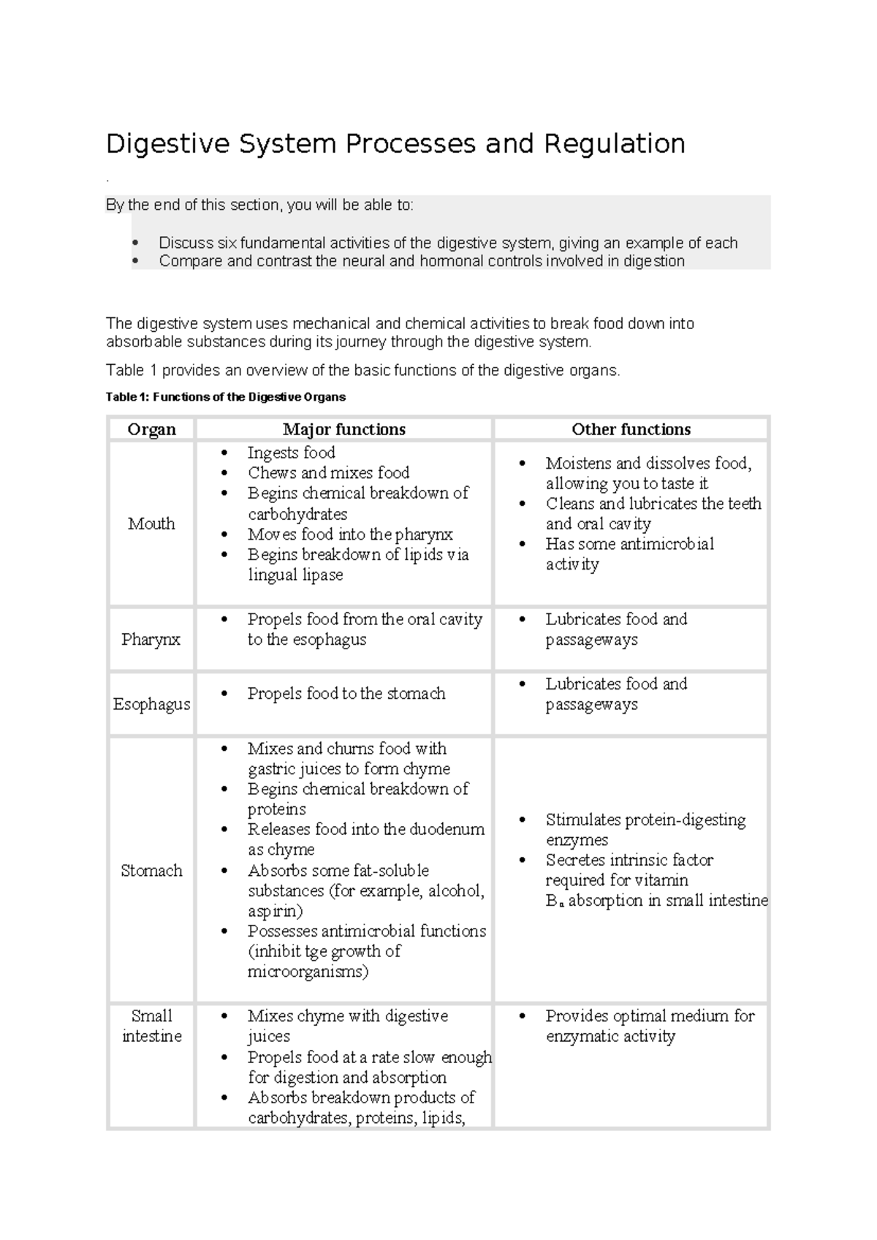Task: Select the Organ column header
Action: (x=151, y=429)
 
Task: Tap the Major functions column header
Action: (x=344, y=429)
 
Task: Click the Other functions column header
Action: (x=631, y=429)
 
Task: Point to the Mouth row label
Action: (x=151, y=523)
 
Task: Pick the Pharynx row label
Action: (x=151, y=639)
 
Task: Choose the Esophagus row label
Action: (x=151, y=704)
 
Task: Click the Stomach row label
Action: (x=151, y=870)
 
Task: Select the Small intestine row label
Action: (x=151, y=1026)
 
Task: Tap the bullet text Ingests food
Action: (x=291, y=453)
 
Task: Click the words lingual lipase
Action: (x=295, y=575)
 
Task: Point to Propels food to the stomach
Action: (x=346, y=693)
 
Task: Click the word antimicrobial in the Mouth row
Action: (x=667, y=544)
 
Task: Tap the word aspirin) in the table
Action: (x=275, y=911)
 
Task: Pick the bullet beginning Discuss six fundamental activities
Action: (x=447, y=243)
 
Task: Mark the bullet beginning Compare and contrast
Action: (x=421, y=261)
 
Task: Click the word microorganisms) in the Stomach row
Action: (x=308, y=972)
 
